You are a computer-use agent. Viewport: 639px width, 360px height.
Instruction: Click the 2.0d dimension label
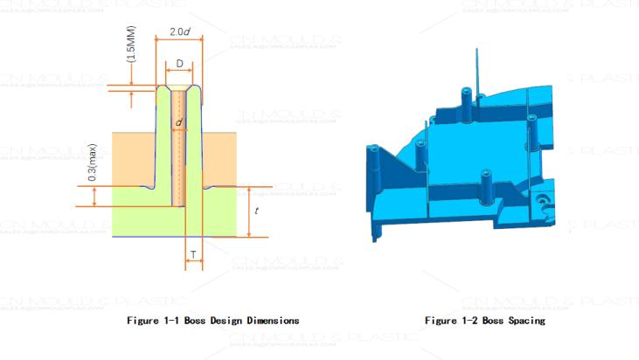click(180, 32)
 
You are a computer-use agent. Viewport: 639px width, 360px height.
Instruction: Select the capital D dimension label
click(179, 64)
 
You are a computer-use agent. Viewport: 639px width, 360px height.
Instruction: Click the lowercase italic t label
click(255, 211)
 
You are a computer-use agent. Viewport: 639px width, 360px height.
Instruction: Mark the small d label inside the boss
click(178, 123)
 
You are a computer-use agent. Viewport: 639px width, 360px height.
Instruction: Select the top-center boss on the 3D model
click(466, 100)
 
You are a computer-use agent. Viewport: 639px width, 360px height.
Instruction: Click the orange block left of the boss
click(133, 158)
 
